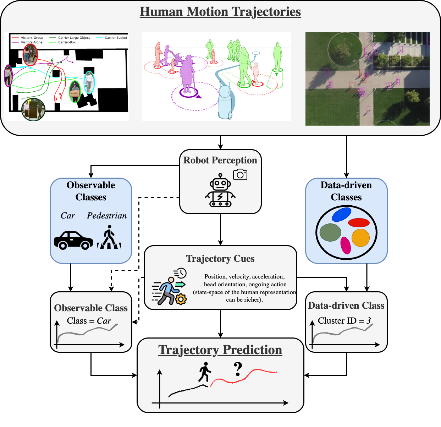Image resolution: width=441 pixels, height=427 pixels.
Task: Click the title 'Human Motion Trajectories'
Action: (x=220, y=12)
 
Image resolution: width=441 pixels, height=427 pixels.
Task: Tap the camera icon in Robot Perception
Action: (x=240, y=174)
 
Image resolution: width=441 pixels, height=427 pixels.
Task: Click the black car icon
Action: (x=73, y=240)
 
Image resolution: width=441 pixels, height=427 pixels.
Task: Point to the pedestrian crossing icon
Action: (x=109, y=238)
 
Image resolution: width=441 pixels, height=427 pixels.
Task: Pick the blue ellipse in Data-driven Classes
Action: (x=341, y=215)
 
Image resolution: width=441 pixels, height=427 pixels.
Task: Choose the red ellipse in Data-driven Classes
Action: (x=359, y=223)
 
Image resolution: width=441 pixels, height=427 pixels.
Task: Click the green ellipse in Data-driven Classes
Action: (x=330, y=233)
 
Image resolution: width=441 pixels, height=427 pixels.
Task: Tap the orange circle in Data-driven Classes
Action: (x=360, y=238)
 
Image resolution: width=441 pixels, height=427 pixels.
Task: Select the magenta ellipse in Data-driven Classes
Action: (x=346, y=245)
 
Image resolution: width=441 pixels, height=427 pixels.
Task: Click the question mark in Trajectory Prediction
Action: (x=238, y=369)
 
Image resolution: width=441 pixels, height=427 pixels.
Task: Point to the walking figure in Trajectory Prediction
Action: (x=204, y=372)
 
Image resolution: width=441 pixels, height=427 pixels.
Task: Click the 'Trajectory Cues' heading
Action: (x=220, y=259)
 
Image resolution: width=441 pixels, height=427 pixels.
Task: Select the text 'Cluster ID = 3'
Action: (x=344, y=321)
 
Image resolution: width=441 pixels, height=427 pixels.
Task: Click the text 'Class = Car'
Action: (x=89, y=321)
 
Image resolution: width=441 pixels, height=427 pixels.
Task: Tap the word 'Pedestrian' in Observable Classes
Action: (x=107, y=216)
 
